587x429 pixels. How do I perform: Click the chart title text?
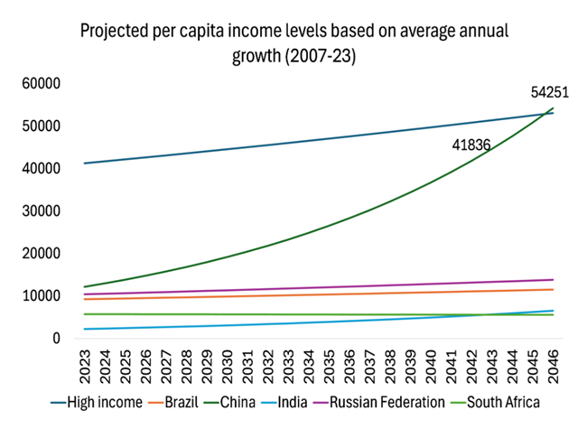click(293, 43)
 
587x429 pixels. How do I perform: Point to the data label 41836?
click(473, 145)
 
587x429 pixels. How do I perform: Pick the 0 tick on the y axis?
click(55, 339)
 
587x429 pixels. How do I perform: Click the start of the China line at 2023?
click(85, 287)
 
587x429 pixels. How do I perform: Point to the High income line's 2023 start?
click(85, 163)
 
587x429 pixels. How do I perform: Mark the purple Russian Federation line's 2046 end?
click(553, 280)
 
